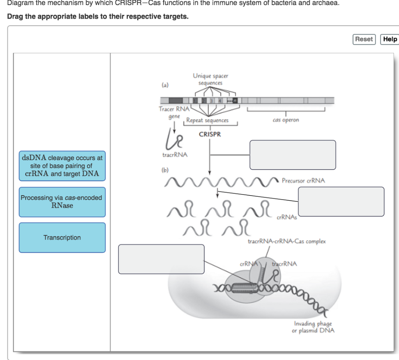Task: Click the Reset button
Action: tap(364, 39)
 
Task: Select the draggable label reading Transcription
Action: tap(62, 238)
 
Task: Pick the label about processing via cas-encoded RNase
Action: tap(62, 202)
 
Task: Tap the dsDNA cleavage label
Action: tap(62, 166)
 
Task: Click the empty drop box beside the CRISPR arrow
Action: tap(293, 155)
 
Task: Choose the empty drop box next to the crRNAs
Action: tap(341, 201)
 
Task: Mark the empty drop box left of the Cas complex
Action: tap(161, 259)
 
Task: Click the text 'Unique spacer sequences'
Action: tap(210, 79)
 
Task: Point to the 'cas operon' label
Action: tap(286, 120)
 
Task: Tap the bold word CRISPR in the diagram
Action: tap(210, 134)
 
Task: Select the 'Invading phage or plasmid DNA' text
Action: tap(313, 327)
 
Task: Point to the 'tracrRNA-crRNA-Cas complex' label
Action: tap(287, 242)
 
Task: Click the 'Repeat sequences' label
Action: tap(207, 121)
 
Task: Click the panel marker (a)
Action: tap(166, 84)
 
